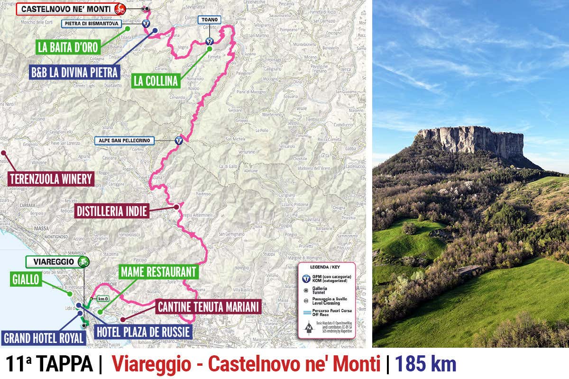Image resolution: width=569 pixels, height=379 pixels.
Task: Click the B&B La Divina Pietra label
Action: pos(74,72)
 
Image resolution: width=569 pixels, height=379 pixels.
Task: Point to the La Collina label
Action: pos(156,81)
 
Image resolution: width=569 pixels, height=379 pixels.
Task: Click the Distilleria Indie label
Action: pos(112,211)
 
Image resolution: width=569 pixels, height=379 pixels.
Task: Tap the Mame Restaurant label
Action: pos(158,272)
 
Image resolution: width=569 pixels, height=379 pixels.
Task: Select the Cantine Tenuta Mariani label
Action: pos(209,307)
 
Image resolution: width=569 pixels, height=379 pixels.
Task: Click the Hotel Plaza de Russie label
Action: pos(143,331)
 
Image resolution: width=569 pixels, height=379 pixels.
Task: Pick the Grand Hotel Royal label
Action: pos(44,338)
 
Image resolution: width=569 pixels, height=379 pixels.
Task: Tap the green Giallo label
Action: pos(26,280)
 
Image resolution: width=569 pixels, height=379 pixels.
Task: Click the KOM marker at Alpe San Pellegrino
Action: pos(179,140)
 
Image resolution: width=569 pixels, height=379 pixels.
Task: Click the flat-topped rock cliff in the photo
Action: pos(472,141)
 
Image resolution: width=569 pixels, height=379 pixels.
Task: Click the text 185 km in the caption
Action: pos(426,364)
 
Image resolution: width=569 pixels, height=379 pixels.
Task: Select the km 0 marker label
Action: pos(103,299)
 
